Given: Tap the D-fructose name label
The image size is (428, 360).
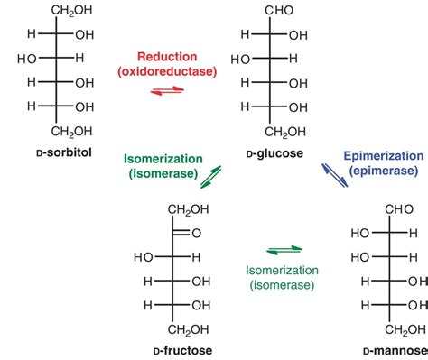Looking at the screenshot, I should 177,347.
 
